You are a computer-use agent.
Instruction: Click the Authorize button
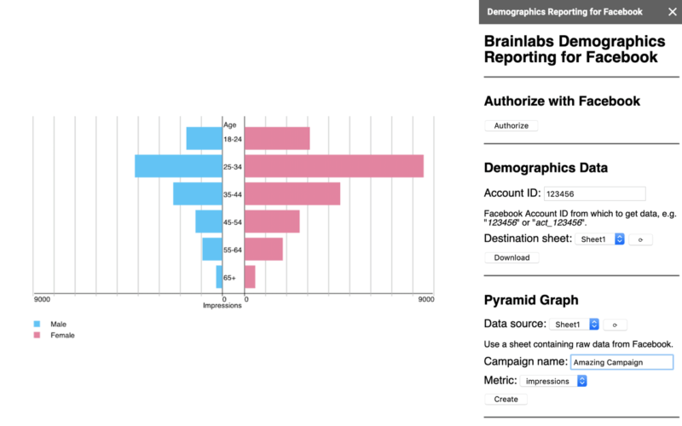pos(511,126)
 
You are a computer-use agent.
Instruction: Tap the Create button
pos(506,399)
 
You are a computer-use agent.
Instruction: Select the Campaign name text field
pos(621,362)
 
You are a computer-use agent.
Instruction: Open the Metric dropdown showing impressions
pos(554,381)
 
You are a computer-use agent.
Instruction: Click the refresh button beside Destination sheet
pos(640,239)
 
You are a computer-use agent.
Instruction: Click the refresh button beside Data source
pos(615,324)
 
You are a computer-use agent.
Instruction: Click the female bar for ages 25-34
pos(334,166)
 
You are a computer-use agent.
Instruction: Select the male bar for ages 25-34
pos(178,166)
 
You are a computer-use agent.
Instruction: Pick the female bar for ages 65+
pos(250,277)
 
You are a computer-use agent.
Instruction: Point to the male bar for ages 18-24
pos(204,138)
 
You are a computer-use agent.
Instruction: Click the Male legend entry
pos(58,324)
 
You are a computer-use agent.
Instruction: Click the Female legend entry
pos(62,336)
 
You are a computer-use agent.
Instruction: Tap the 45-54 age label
pos(233,222)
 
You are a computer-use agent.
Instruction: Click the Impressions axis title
pos(222,306)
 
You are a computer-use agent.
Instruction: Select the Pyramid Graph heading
pos(531,300)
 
